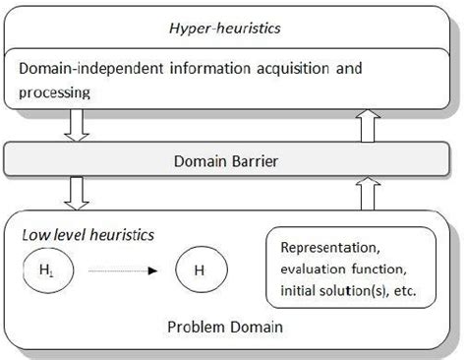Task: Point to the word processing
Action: [x=55, y=93]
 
